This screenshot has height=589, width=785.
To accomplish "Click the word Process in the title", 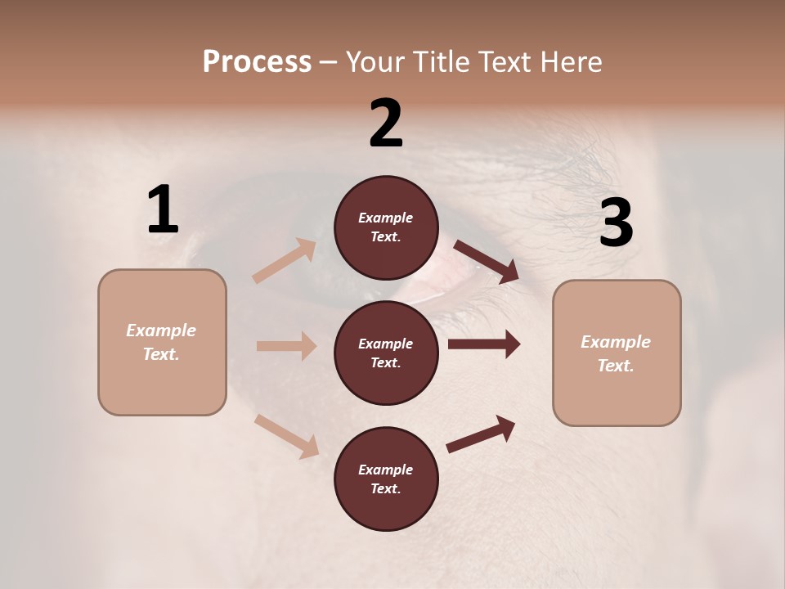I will [257, 62].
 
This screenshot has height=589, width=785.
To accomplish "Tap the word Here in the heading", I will [569, 62].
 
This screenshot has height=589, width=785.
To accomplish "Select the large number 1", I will [163, 210].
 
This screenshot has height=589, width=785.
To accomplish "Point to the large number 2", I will [386, 124].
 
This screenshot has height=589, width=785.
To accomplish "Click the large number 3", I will [616, 223].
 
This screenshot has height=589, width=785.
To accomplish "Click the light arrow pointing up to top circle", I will [285, 261].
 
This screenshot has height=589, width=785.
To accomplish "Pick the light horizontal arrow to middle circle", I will [286, 346].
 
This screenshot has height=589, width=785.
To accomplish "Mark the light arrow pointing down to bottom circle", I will [286, 435].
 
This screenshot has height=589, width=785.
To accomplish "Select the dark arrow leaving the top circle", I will [487, 261].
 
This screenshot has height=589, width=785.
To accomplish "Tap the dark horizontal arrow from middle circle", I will [484, 344].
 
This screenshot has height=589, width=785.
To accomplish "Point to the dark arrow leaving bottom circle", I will [482, 433].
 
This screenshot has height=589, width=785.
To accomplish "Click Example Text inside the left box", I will [161, 342].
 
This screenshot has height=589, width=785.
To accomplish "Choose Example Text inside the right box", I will [616, 353].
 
